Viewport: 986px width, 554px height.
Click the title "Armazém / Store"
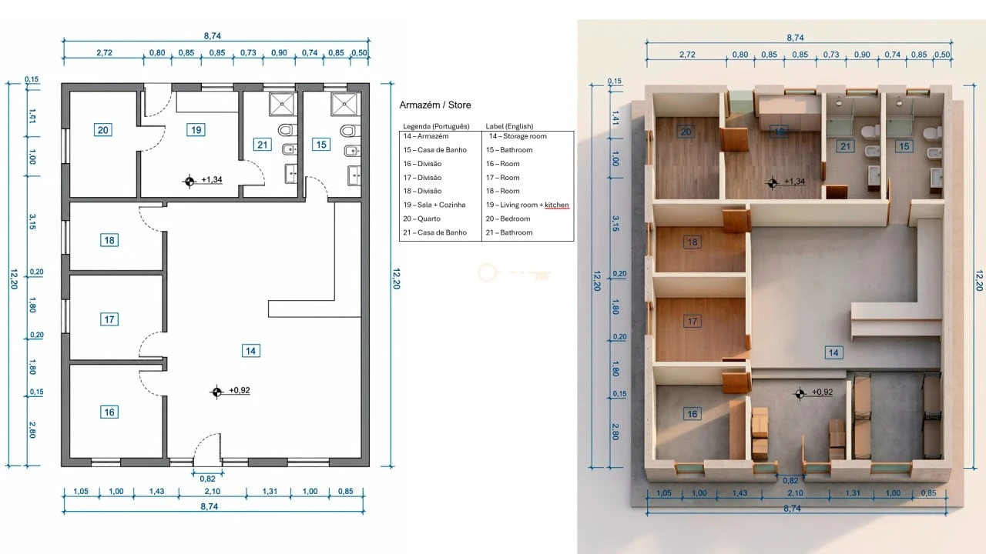click(x=435, y=105)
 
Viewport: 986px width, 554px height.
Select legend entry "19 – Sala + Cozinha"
click(x=434, y=205)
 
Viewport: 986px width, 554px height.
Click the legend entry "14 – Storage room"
click(x=518, y=136)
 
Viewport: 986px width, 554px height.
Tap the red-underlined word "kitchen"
click(x=557, y=205)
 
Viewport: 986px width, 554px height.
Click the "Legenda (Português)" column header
click(x=436, y=127)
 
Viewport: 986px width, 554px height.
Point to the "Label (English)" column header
click(x=509, y=127)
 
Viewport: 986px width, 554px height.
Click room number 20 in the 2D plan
click(x=103, y=130)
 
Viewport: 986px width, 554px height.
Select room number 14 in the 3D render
click(x=833, y=352)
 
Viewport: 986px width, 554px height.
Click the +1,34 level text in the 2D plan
click(x=212, y=179)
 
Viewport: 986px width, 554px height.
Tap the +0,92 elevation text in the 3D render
click(x=822, y=392)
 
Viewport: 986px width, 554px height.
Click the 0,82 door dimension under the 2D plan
click(x=208, y=479)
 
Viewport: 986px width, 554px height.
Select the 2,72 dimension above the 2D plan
click(x=104, y=53)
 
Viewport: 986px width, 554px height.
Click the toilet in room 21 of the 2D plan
click(x=287, y=130)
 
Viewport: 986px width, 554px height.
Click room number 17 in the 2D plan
click(x=109, y=319)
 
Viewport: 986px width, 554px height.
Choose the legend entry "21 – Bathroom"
click(x=509, y=232)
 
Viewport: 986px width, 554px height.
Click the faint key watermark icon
click(x=514, y=273)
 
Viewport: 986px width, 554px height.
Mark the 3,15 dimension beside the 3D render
click(x=615, y=224)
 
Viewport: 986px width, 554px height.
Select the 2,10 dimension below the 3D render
click(x=795, y=493)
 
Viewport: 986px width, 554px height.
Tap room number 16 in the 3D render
click(x=693, y=414)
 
